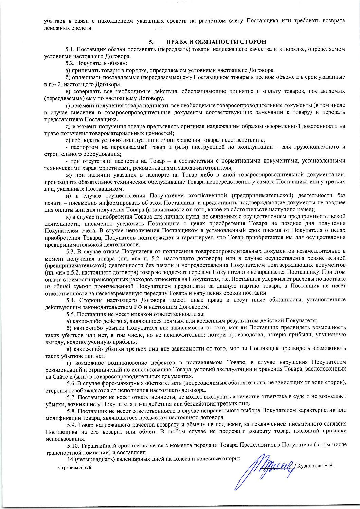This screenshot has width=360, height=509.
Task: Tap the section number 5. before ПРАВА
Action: pos(151,42)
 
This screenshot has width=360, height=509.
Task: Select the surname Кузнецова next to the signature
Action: pos(310,465)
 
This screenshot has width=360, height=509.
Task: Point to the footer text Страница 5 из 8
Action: pos(75,467)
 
